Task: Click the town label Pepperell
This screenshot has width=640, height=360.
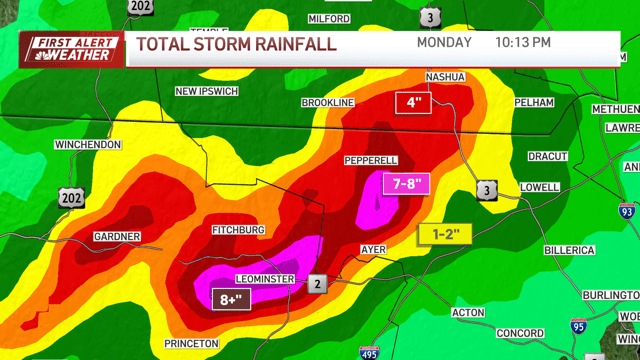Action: (x=371, y=160)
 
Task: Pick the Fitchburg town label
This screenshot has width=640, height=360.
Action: (x=238, y=230)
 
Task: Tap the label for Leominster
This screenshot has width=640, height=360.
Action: (x=263, y=278)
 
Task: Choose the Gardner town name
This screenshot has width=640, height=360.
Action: (x=116, y=237)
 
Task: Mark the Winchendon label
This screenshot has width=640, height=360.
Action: (x=88, y=145)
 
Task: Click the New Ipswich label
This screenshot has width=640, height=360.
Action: (x=209, y=92)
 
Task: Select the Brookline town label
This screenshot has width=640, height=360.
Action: (x=329, y=103)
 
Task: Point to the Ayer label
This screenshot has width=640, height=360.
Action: (x=372, y=249)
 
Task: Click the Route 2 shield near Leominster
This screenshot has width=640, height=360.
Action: (x=317, y=283)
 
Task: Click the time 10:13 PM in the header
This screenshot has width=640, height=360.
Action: (x=522, y=43)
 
